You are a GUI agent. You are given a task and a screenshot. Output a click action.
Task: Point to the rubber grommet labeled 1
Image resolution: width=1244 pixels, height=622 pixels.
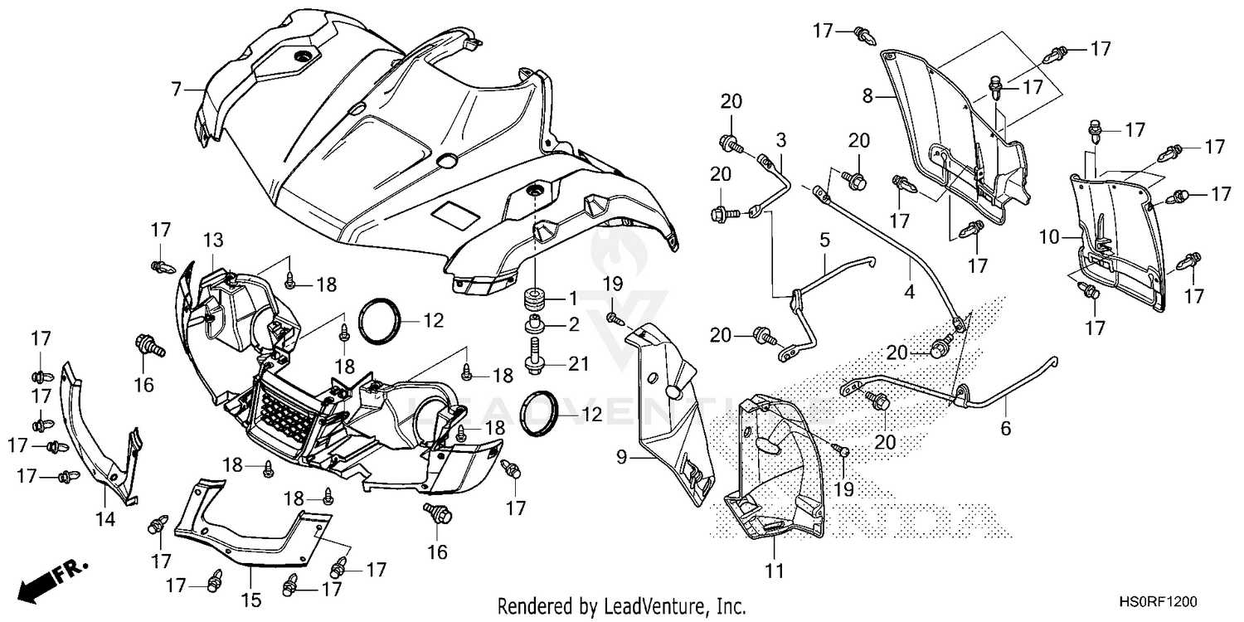coord(534,297)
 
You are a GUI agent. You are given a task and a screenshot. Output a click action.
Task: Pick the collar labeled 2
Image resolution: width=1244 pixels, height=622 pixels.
coord(534,324)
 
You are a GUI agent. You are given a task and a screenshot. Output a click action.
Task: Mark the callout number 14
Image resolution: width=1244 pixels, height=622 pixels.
coord(105,519)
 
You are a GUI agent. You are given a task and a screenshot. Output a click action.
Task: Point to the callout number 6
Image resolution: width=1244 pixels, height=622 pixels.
coord(1006,429)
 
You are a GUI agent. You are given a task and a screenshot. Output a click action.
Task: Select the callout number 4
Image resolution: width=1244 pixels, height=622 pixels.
coord(910,291)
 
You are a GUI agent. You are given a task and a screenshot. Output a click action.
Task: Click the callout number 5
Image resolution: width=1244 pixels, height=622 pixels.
coord(824,241)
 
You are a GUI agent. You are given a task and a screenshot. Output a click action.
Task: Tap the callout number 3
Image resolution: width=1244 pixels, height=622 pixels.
coord(780,138)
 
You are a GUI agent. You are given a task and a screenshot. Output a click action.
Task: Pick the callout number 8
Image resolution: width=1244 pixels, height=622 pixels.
coord(867,97)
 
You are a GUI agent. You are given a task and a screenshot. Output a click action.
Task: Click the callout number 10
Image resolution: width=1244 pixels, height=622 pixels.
coord(1049,237)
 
